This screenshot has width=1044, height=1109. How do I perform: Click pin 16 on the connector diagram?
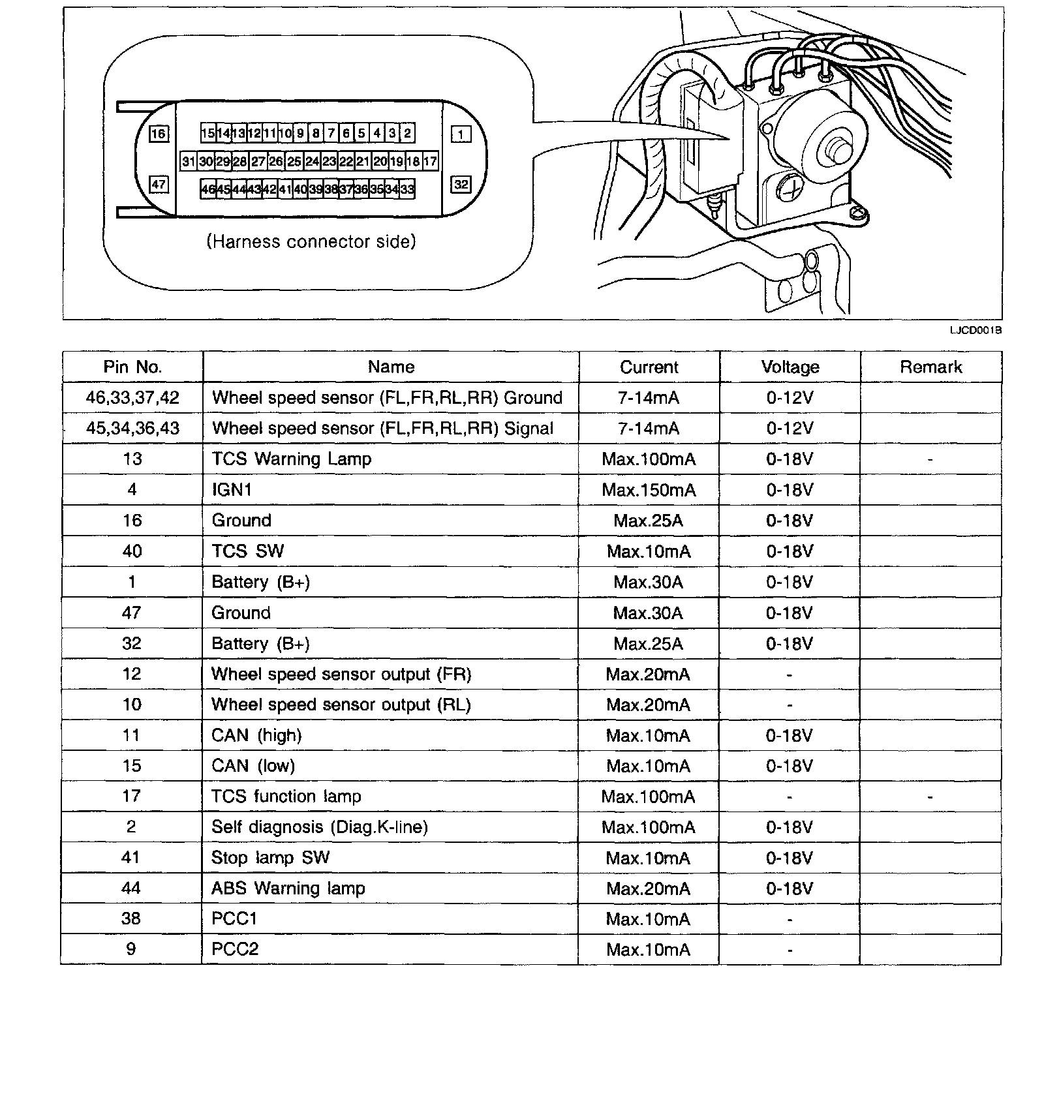point(159,134)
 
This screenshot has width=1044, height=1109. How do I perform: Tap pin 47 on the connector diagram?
point(159,185)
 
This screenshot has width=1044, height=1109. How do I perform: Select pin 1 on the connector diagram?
point(461,134)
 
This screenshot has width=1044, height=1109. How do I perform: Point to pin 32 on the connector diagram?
point(461,185)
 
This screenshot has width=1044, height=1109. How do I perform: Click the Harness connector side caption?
point(311,242)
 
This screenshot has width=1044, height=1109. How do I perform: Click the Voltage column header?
point(790,367)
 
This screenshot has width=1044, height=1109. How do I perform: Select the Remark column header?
point(930,367)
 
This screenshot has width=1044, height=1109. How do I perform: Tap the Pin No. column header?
point(132,367)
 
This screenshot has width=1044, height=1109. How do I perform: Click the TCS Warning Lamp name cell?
point(291,459)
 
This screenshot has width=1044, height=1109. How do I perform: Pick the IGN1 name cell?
point(232,490)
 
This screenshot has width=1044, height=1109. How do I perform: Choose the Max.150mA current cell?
point(649,490)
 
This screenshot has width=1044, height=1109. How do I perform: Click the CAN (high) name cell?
point(256,736)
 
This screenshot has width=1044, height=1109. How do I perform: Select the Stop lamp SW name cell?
point(270,858)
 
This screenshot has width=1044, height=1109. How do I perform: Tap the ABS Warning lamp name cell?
point(288,889)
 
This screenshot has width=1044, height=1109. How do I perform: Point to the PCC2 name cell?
point(235,949)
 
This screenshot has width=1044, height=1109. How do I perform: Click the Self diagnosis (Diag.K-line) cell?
point(319,827)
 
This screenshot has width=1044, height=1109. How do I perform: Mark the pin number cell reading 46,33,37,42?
point(132,398)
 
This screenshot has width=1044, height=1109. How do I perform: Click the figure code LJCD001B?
point(975,331)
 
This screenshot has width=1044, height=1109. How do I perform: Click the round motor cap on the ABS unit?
point(833,147)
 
